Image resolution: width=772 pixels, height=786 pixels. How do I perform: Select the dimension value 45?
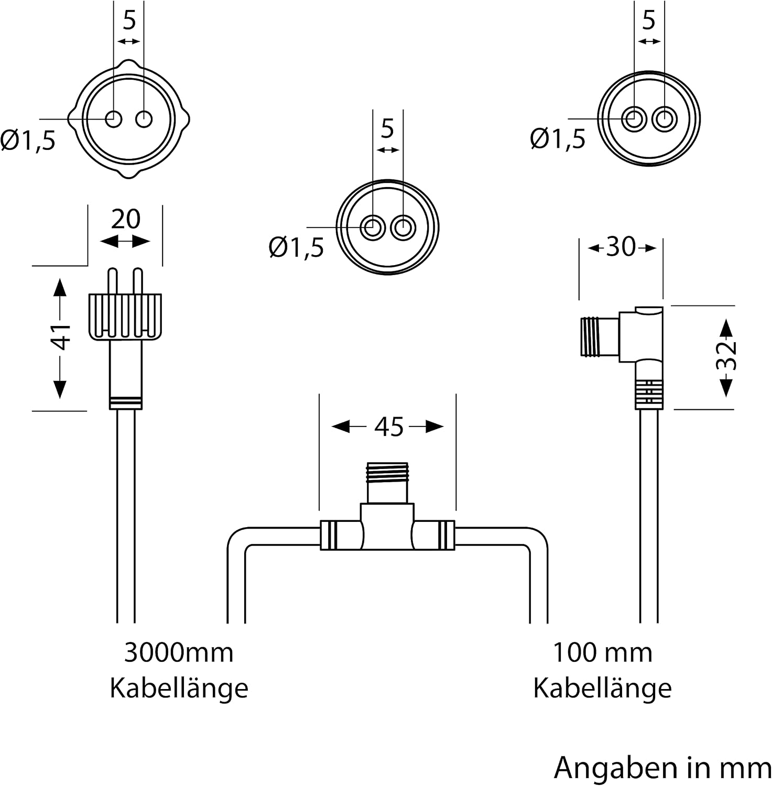[x=389, y=427]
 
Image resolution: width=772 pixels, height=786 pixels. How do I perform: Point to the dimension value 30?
[x=621, y=247]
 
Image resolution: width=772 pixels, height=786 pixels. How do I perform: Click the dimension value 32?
[x=726, y=356]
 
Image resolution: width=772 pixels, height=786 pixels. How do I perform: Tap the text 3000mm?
[x=179, y=653]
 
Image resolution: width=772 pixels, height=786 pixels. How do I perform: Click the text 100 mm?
[x=602, y=653]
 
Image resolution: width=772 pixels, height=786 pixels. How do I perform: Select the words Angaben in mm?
[x=662, y=768]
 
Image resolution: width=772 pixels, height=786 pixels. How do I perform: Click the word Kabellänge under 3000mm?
[x=179, y=687]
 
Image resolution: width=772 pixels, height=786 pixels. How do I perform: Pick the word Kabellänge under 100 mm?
[x=602, y=687]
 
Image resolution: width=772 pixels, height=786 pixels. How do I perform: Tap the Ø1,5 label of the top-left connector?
[x=28, y=141]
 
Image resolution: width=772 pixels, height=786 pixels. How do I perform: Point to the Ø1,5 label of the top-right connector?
[x=558, y=139]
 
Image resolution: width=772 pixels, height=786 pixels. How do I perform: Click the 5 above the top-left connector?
[x=129, y=20]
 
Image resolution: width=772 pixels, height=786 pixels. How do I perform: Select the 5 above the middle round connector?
[x=387, y=128]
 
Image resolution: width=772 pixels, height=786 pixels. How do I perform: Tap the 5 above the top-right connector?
[x=649, y=20]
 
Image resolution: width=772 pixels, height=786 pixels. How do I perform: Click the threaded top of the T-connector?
[x=387, y=474]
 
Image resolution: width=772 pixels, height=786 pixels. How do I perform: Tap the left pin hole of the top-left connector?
[x=113, y=119]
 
